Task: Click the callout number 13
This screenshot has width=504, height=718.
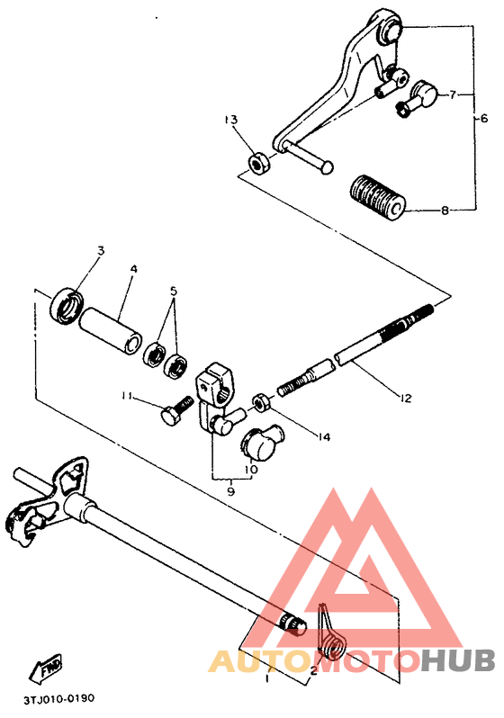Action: click(x=231, y=120)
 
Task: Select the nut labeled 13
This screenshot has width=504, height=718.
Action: click(x=258, y=164)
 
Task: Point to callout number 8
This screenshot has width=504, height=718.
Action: click(x=445, y=211)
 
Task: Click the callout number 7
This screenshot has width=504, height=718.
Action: click(x=452, y=94)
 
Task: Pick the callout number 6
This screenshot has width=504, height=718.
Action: click(x=484, y=119)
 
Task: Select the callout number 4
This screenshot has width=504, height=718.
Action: click(x=133, y=269)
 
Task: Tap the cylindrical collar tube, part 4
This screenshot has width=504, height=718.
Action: click(x=110, y=330)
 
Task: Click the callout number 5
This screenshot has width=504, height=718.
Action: click(x=174, y=291)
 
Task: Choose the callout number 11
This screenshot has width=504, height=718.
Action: click(x=127, y=396)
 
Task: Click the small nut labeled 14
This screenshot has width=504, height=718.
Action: click(x=261, y=402)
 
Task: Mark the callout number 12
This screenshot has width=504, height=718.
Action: click(x=406, y=398)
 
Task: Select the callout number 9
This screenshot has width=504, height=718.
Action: click(x=230, y=491)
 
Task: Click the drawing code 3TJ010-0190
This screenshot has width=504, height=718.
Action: click(x=59, y=699)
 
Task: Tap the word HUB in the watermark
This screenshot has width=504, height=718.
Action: click(x=459, y=660)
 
